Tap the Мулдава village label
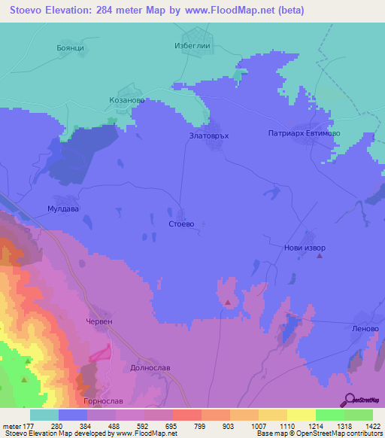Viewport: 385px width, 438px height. (62, 209)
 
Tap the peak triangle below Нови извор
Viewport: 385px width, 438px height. (320, 257)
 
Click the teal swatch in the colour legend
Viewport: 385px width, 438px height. (44, 415)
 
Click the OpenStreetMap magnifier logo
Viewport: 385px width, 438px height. (349, 400)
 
